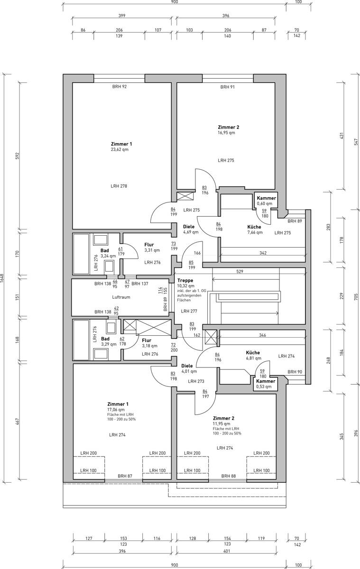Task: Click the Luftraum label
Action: pyautogui.click(x=121, y=297)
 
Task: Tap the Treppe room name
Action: pyautogui.click(x=185, y=280)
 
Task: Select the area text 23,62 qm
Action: pyautogui.click(x=120, y=149)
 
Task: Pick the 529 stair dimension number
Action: pyautogui.click(x=240, y=271)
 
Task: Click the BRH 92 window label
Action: pyautogui.click(x=120, y=86)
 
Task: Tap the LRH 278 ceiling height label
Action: pyautogui.click(x=119, y=186)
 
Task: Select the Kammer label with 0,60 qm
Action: pyautogui.click(x=266, y=198)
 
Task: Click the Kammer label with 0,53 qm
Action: pyautogui.click(x=266, y=381)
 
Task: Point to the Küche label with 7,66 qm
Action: pyautogui.click(x=254, y=227)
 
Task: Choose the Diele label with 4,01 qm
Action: pyautogui.click(x=187, y=366)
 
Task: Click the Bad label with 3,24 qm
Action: pyautogui.click(x=105, y=251)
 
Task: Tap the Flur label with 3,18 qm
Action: pyautogui.click(x=147, y=340)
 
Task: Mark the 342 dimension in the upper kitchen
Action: pyautogui.click(x=263, y=253)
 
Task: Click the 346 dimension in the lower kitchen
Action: pyautogui.click(x=262, y=335)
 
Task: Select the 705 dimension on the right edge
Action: pyautogui.click(x=356, y=296)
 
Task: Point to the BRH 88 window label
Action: pyautogui.click(x=229, y=476)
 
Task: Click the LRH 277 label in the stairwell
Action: pyautogui.click(x=189, y=311)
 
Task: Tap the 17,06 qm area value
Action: pyautogui.click(x=116, y=410)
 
